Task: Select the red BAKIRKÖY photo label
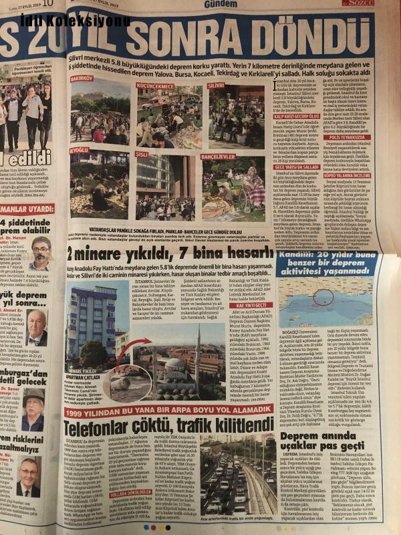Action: coord(82,78)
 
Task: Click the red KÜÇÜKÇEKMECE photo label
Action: coord(155,86)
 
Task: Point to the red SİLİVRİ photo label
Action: coord(216,86)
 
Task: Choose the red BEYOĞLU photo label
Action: coord(79,151)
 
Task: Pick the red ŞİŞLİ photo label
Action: coord(142,153)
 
